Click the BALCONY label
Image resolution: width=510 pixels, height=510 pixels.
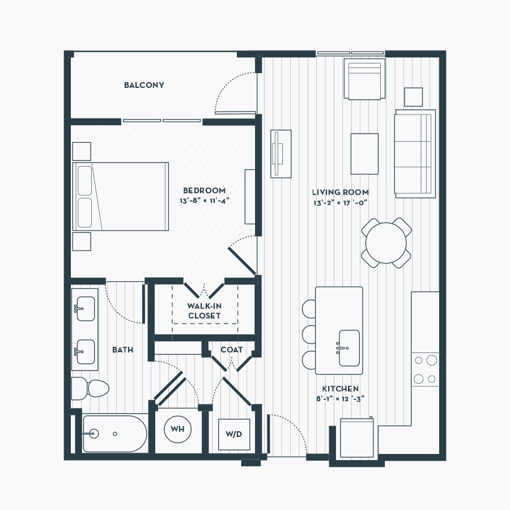[x=144, y=85]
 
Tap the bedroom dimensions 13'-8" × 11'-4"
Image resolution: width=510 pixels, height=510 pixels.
[x=205, y=201]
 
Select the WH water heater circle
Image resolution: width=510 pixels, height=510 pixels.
[x=177, y=429]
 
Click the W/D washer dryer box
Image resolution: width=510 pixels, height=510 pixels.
[x=234, y=434]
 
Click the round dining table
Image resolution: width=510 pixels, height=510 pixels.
[x=386, y=243]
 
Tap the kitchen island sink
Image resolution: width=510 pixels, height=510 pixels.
[x=349, y=348]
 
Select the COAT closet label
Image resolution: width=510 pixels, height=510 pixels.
[x=232, y=350]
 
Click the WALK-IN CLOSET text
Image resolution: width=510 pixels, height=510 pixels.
[x=204, y=311]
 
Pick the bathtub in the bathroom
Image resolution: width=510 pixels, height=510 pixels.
[x=115, y=433]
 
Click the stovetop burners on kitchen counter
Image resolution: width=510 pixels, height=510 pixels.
[x=426, y=369]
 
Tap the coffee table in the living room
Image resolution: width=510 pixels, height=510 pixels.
[x=364, y=154]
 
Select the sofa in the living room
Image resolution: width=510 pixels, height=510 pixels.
[x=415, y=154]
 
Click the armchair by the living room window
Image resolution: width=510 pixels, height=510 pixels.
[x=364, y=79]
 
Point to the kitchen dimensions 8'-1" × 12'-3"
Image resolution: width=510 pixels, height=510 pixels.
[x=341, y=398]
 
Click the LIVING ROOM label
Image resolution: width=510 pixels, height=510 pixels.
[x=341, y=192]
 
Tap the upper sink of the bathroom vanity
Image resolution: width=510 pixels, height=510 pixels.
[x=85, y=308]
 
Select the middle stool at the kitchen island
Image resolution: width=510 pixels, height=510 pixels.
[x=309, y=334]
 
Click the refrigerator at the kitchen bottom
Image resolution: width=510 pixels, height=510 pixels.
[x=357, y=438]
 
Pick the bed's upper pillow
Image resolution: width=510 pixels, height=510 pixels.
[x=85, y=181]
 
